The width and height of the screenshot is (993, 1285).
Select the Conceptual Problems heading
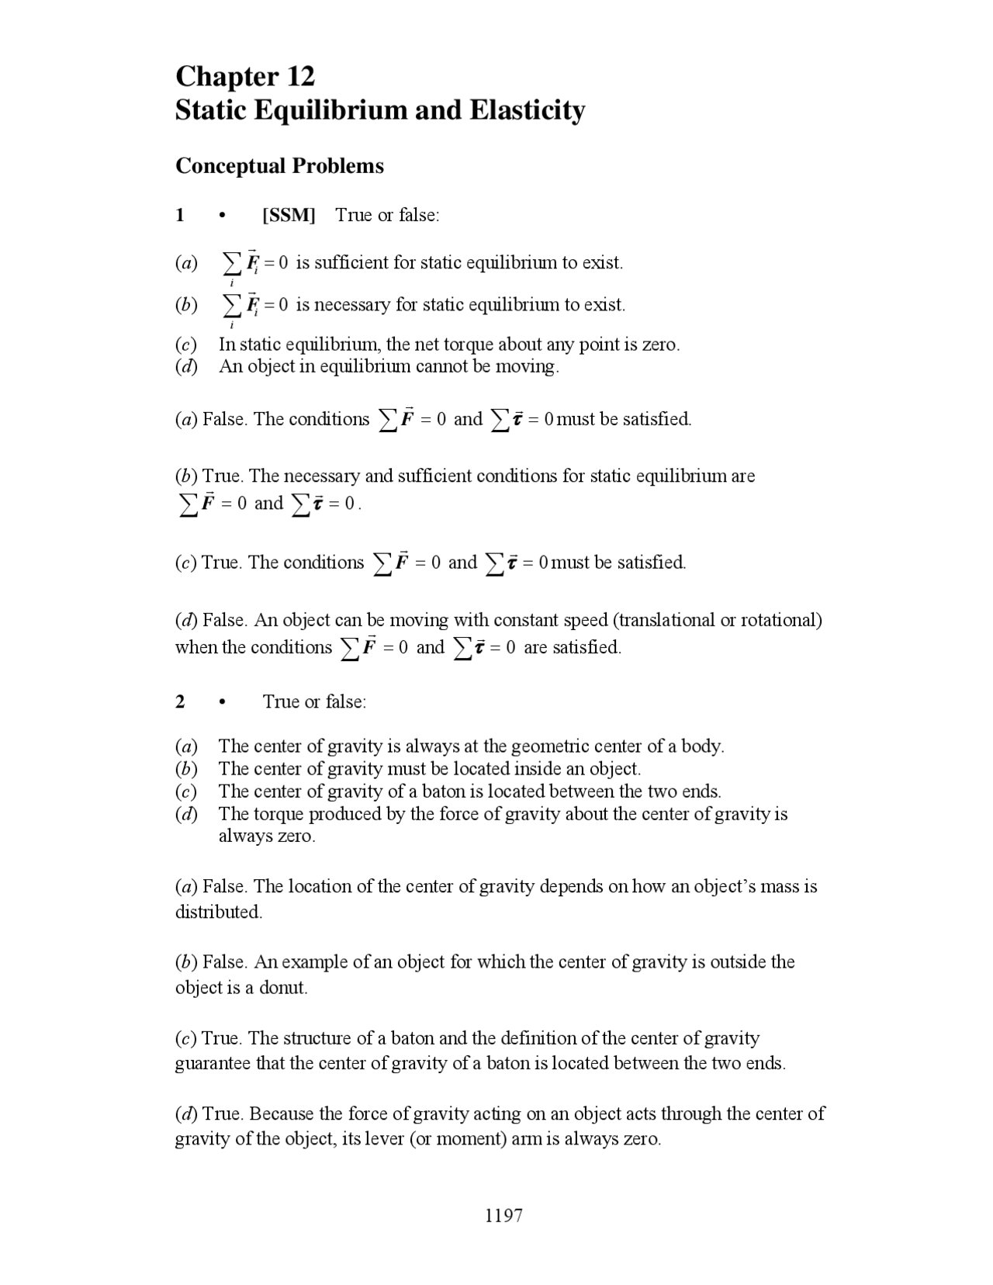279,166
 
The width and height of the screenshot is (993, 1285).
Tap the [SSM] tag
289,215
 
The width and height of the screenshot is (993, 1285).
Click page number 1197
503,1215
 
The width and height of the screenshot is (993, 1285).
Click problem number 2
180,701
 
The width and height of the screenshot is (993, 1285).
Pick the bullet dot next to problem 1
222,216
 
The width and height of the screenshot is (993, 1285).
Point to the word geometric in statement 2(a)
537,746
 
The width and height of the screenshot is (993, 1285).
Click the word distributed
218,912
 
